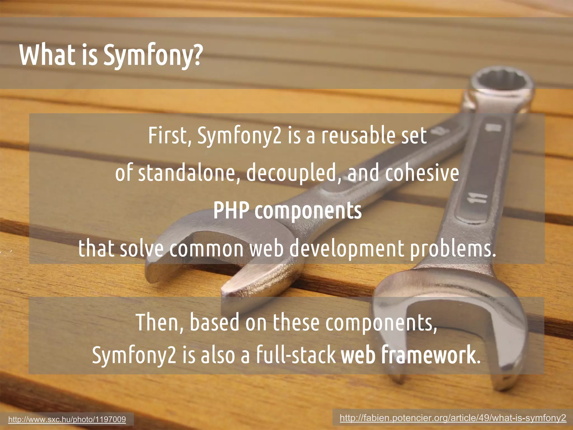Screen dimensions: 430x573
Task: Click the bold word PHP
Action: click(x=231, y=211)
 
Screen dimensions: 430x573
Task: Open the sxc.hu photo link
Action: click(x=67, y=419)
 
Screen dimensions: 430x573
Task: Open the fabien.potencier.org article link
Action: click(x=453, y=418)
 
